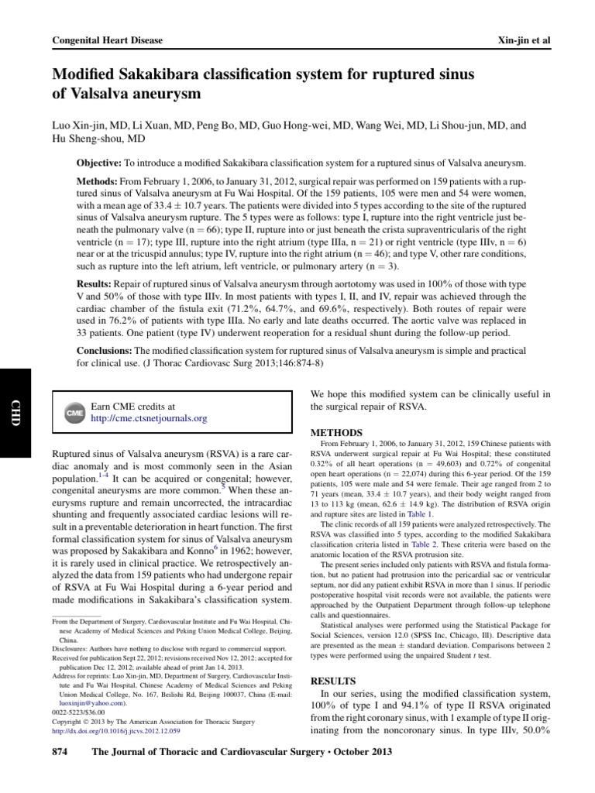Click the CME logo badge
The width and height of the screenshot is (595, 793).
72,413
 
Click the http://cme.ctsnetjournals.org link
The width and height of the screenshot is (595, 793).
149,419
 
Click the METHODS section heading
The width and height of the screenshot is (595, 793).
335,431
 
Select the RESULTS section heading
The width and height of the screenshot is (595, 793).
332,681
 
